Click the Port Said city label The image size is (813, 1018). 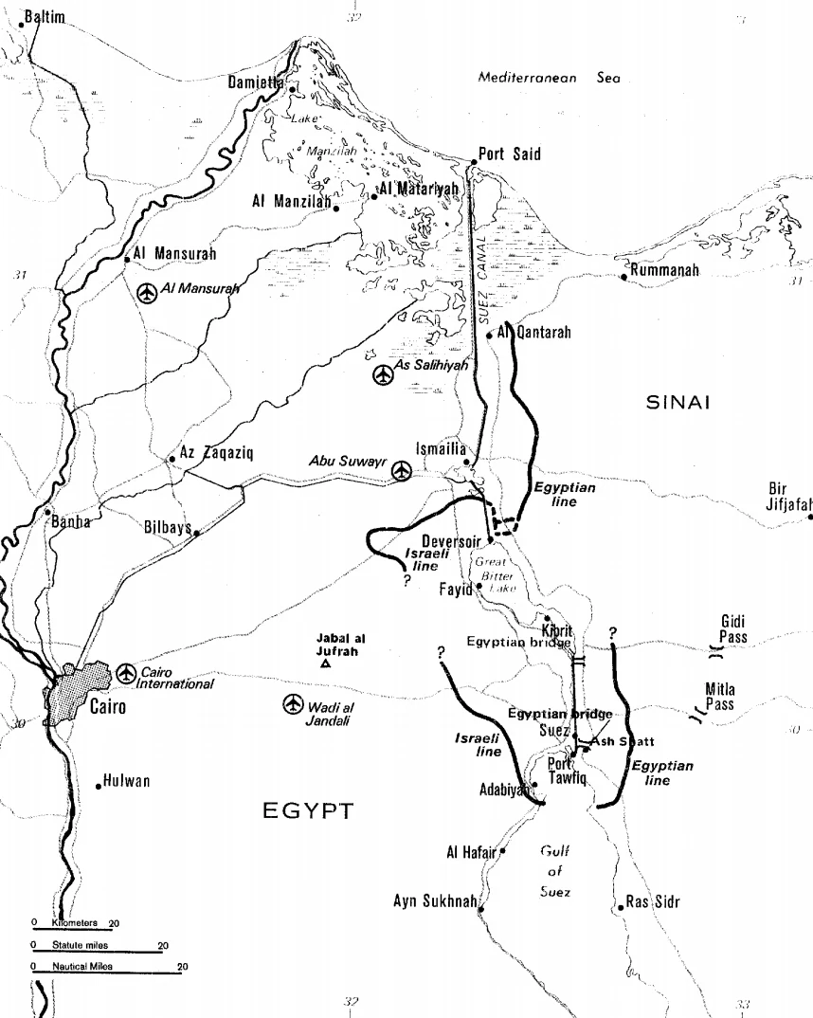510,154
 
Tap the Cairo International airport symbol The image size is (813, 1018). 125,672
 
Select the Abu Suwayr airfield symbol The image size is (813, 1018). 403,469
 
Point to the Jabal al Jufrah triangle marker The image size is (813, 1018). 326,664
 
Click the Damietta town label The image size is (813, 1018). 255,83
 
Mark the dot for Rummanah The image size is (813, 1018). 623,277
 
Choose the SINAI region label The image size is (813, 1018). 677,403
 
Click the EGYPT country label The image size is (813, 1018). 306,810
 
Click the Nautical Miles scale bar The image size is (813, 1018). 104,973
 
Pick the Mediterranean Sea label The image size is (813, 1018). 549,79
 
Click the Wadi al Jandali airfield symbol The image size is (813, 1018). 294,704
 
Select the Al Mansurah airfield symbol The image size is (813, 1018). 147,294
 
